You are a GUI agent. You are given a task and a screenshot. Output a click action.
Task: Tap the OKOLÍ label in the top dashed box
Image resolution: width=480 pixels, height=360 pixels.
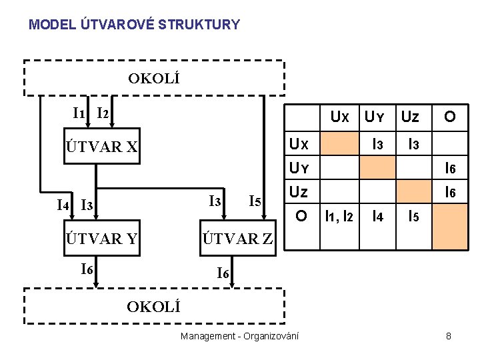[x=154, y=79]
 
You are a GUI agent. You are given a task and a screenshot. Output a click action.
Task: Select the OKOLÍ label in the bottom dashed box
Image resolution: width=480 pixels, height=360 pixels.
[x=154, y=307]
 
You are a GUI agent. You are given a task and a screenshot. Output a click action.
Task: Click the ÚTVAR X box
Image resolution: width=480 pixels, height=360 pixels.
[x=102, y=147]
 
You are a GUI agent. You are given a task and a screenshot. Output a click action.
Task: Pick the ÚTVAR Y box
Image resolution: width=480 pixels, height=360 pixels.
[x=102, y=239]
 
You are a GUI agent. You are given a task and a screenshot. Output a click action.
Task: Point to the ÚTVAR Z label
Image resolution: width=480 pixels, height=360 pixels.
[x=238, y=239]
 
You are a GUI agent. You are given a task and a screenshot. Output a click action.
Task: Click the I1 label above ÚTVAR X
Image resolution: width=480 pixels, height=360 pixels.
[x=79, y=113]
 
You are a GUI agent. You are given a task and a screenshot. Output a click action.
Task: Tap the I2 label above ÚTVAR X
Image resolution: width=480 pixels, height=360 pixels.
[x=103, y=113]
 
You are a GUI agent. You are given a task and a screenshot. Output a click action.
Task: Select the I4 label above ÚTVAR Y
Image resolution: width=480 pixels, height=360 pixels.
[x=64, y=204]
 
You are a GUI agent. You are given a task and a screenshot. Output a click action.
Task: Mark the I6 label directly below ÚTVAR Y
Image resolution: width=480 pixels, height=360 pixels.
[x=87, y=269]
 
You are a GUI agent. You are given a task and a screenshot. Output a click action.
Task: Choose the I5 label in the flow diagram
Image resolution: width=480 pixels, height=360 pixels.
[x=254, y=201]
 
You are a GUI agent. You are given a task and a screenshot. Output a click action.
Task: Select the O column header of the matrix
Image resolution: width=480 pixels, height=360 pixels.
[x=450, y=118]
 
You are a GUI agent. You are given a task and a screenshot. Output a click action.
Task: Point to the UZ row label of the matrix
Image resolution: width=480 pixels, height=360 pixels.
[x=299, y=193]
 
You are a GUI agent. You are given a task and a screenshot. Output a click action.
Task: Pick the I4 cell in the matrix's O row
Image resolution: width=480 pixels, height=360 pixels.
[x=377, y=216]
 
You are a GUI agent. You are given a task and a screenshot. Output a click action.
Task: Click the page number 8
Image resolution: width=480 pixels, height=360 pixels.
[x=449, y=337]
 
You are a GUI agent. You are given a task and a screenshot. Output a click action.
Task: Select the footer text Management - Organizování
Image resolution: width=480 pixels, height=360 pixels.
[x=239, y=337]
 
